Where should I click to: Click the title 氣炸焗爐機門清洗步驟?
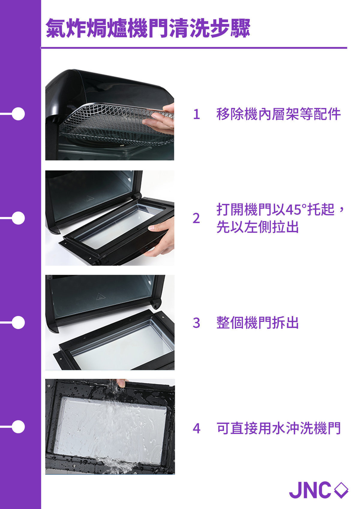click(148, 29)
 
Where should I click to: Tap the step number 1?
click(196, 114)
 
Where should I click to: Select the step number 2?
click(196, 218)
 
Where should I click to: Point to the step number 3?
click(196, 323)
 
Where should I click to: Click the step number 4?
click(196, 428)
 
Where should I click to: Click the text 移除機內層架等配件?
click(278, 114)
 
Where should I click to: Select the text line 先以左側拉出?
click(257, 227)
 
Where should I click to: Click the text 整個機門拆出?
click(257, 323)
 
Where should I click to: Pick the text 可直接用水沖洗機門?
click(278, 428)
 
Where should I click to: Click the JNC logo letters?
click(310, 490)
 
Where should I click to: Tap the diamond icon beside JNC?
click(341, 490)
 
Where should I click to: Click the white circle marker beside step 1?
click(18, 114)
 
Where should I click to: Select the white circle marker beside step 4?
click(18, 427)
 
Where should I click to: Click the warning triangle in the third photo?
click(101, 297)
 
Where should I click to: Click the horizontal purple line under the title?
click(194, 48)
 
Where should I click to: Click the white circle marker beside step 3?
click(18, 322)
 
